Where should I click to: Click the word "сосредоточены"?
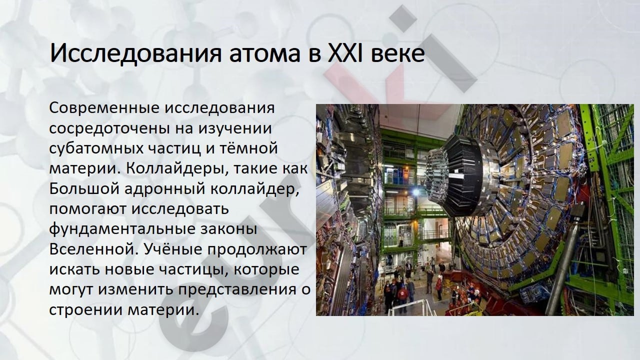[108, 129]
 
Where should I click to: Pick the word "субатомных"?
[96, 148]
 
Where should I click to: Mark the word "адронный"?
[164, 189]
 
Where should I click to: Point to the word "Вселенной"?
[92, 249]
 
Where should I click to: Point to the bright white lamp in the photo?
[416, 192]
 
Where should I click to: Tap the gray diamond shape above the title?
[403, 18]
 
